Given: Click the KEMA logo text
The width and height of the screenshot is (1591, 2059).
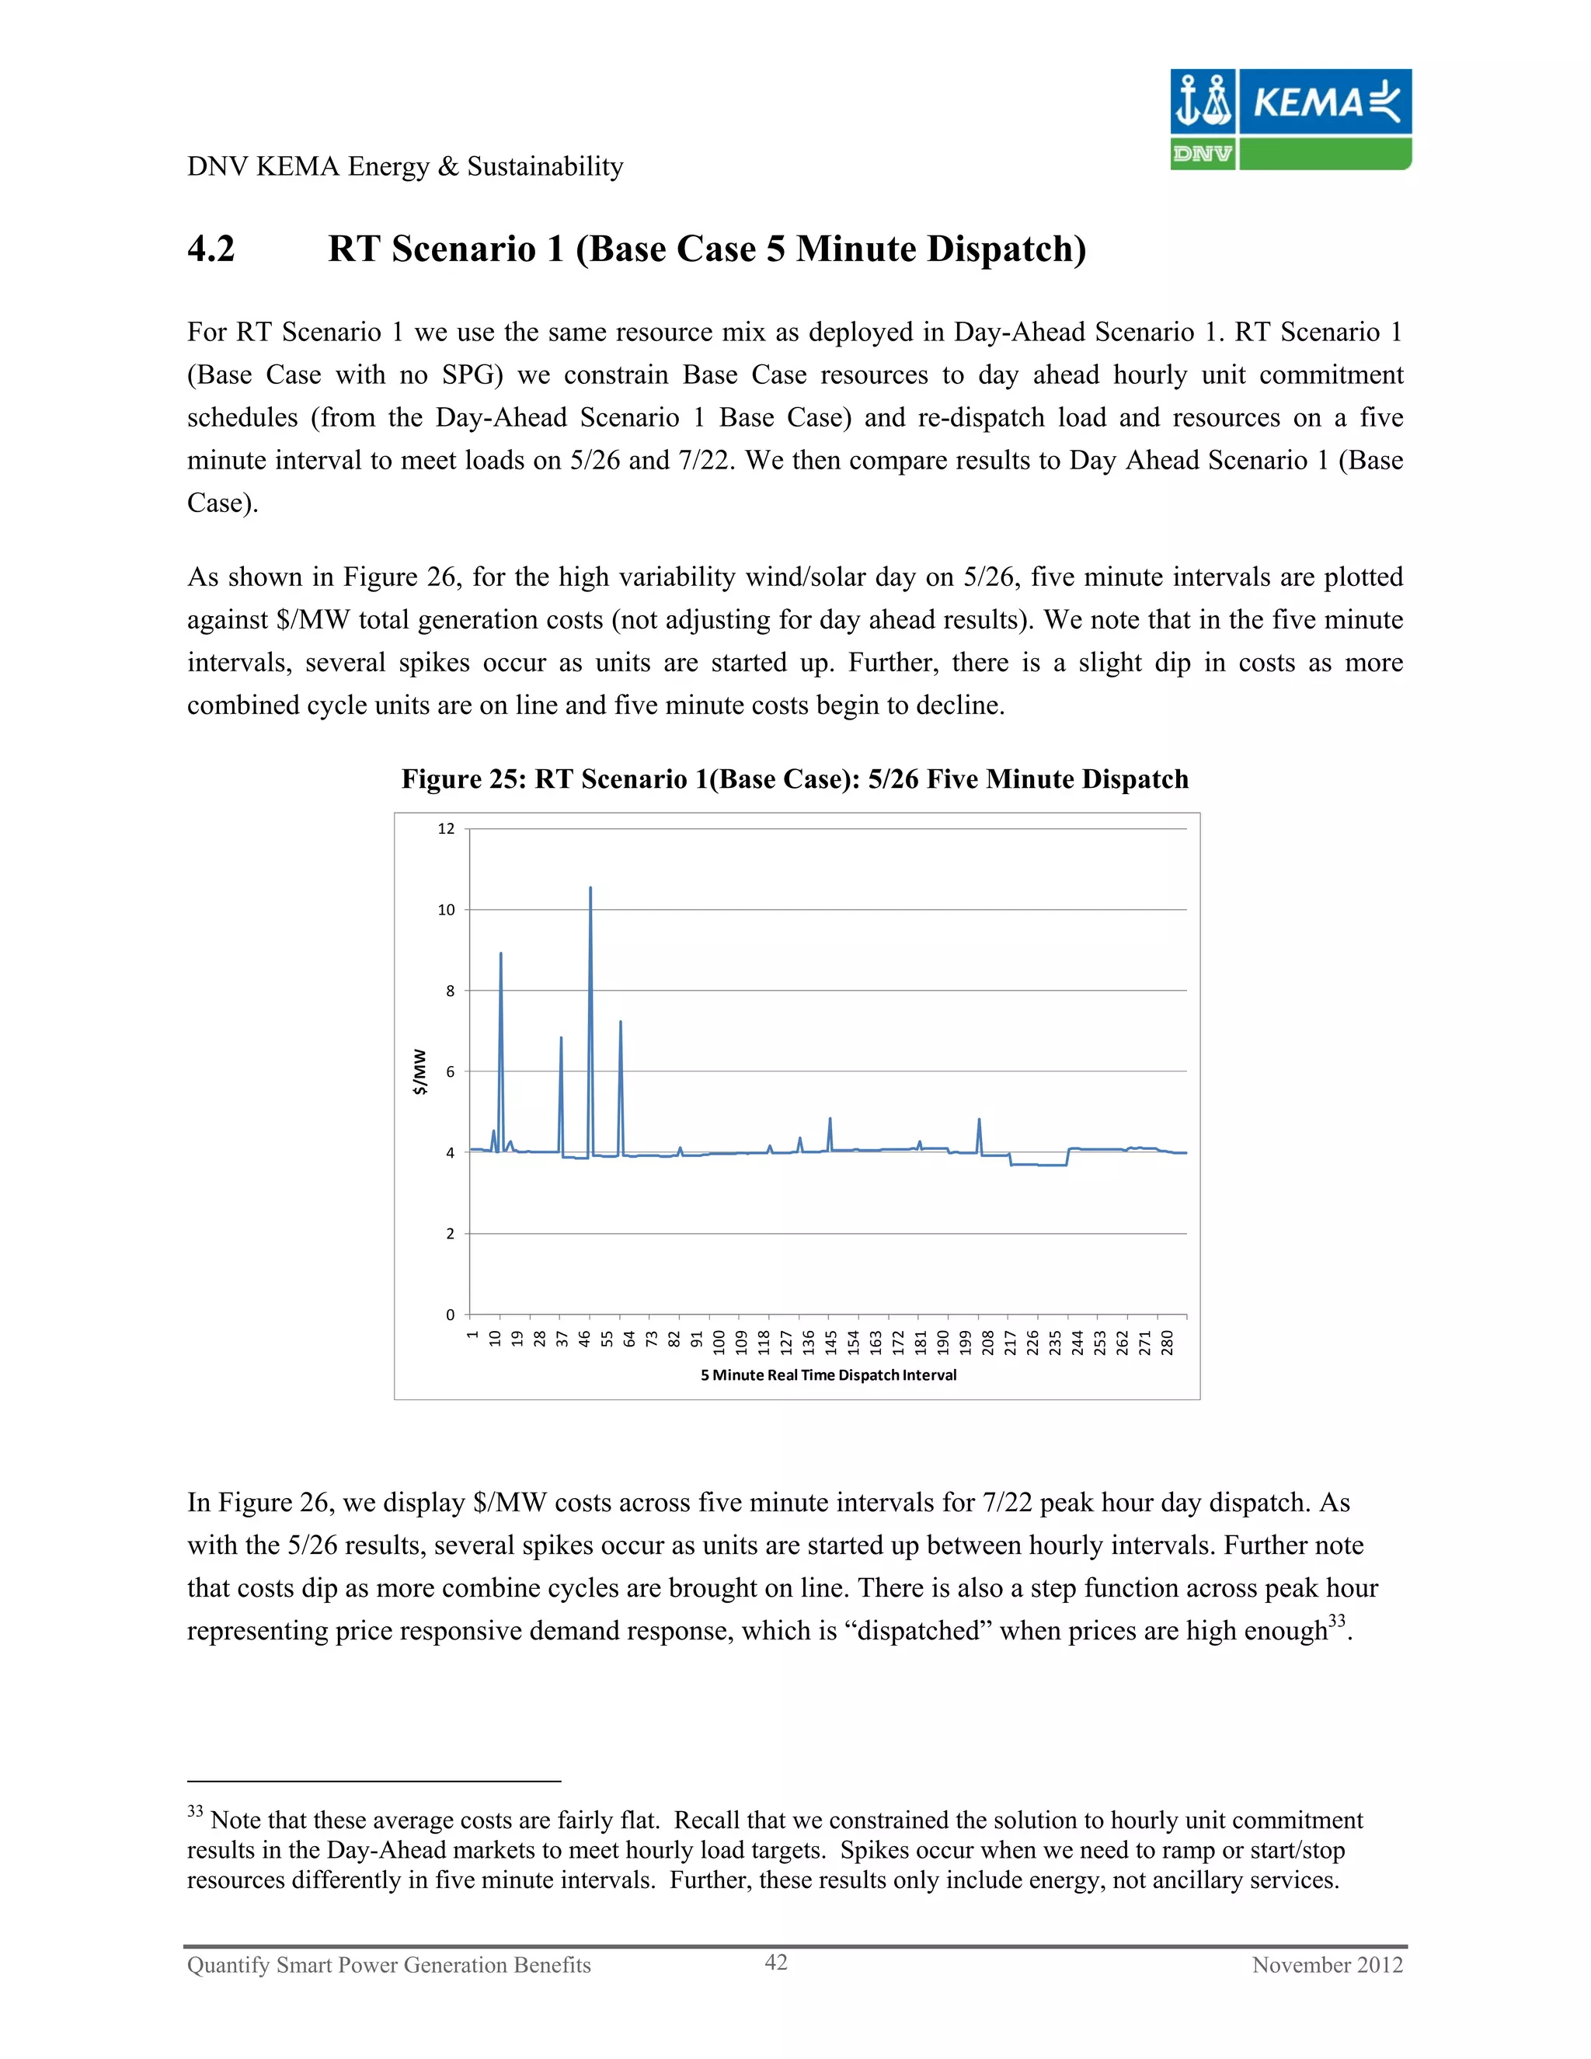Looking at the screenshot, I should point(1308,102).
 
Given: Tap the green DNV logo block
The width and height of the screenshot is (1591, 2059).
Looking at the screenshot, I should point(1202,154).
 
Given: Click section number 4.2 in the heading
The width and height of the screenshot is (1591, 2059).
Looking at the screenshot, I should point(211,249).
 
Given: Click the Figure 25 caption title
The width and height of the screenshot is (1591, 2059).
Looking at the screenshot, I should point(795,779).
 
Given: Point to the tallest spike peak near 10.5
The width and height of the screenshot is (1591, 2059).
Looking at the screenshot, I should point(590,888).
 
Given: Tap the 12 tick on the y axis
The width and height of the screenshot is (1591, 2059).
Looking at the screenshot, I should point(446,829).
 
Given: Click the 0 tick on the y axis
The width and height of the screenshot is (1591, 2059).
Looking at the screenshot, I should point(450,1314).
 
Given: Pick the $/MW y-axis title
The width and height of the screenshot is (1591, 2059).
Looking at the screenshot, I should point(420,1072).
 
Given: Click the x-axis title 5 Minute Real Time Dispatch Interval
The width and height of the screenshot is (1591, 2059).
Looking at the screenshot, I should point(827,1374).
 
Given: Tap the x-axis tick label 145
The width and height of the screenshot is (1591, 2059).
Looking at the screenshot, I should point(830,1343).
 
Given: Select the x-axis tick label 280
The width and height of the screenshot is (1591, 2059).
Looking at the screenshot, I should point(1167,1343).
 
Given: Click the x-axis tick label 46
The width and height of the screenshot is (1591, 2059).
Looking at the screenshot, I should point(584,1340).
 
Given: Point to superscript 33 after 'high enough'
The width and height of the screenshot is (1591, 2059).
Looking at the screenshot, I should point(1336,1620).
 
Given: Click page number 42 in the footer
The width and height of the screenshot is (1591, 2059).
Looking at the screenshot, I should point(776,1962).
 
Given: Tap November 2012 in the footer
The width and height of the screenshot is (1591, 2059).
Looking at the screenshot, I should point(1326,1965).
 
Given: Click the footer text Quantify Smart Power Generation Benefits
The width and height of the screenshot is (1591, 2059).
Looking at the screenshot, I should point(388,1965).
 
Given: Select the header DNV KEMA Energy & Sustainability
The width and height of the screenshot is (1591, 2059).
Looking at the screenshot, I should point(406,167).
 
